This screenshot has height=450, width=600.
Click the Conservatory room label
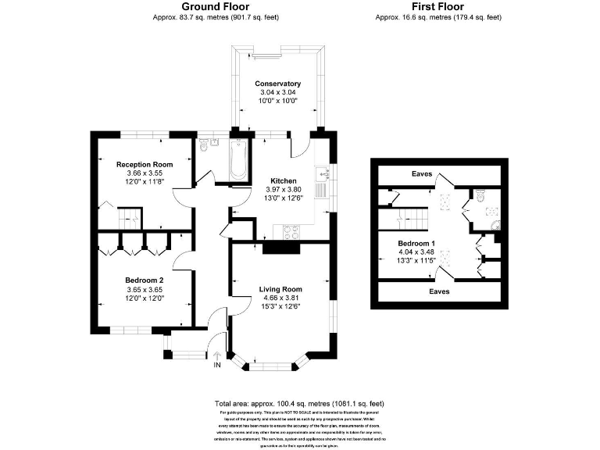tap(277, 84)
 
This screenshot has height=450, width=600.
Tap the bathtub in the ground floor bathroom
tap(237, 159)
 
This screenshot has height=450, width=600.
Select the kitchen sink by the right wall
tap(320, 188)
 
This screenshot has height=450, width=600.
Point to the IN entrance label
tap(217, 365)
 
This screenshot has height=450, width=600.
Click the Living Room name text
tap(280, 289)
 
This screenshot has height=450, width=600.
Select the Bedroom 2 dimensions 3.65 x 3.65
tap(144, 289)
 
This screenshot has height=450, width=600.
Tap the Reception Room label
tap(145, 164)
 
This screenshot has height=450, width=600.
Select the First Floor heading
tap(437, 6)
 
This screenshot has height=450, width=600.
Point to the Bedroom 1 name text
tap(394, 244)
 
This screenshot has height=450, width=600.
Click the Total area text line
tap(300, 404)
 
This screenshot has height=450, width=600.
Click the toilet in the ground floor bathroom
tap(205, 145)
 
